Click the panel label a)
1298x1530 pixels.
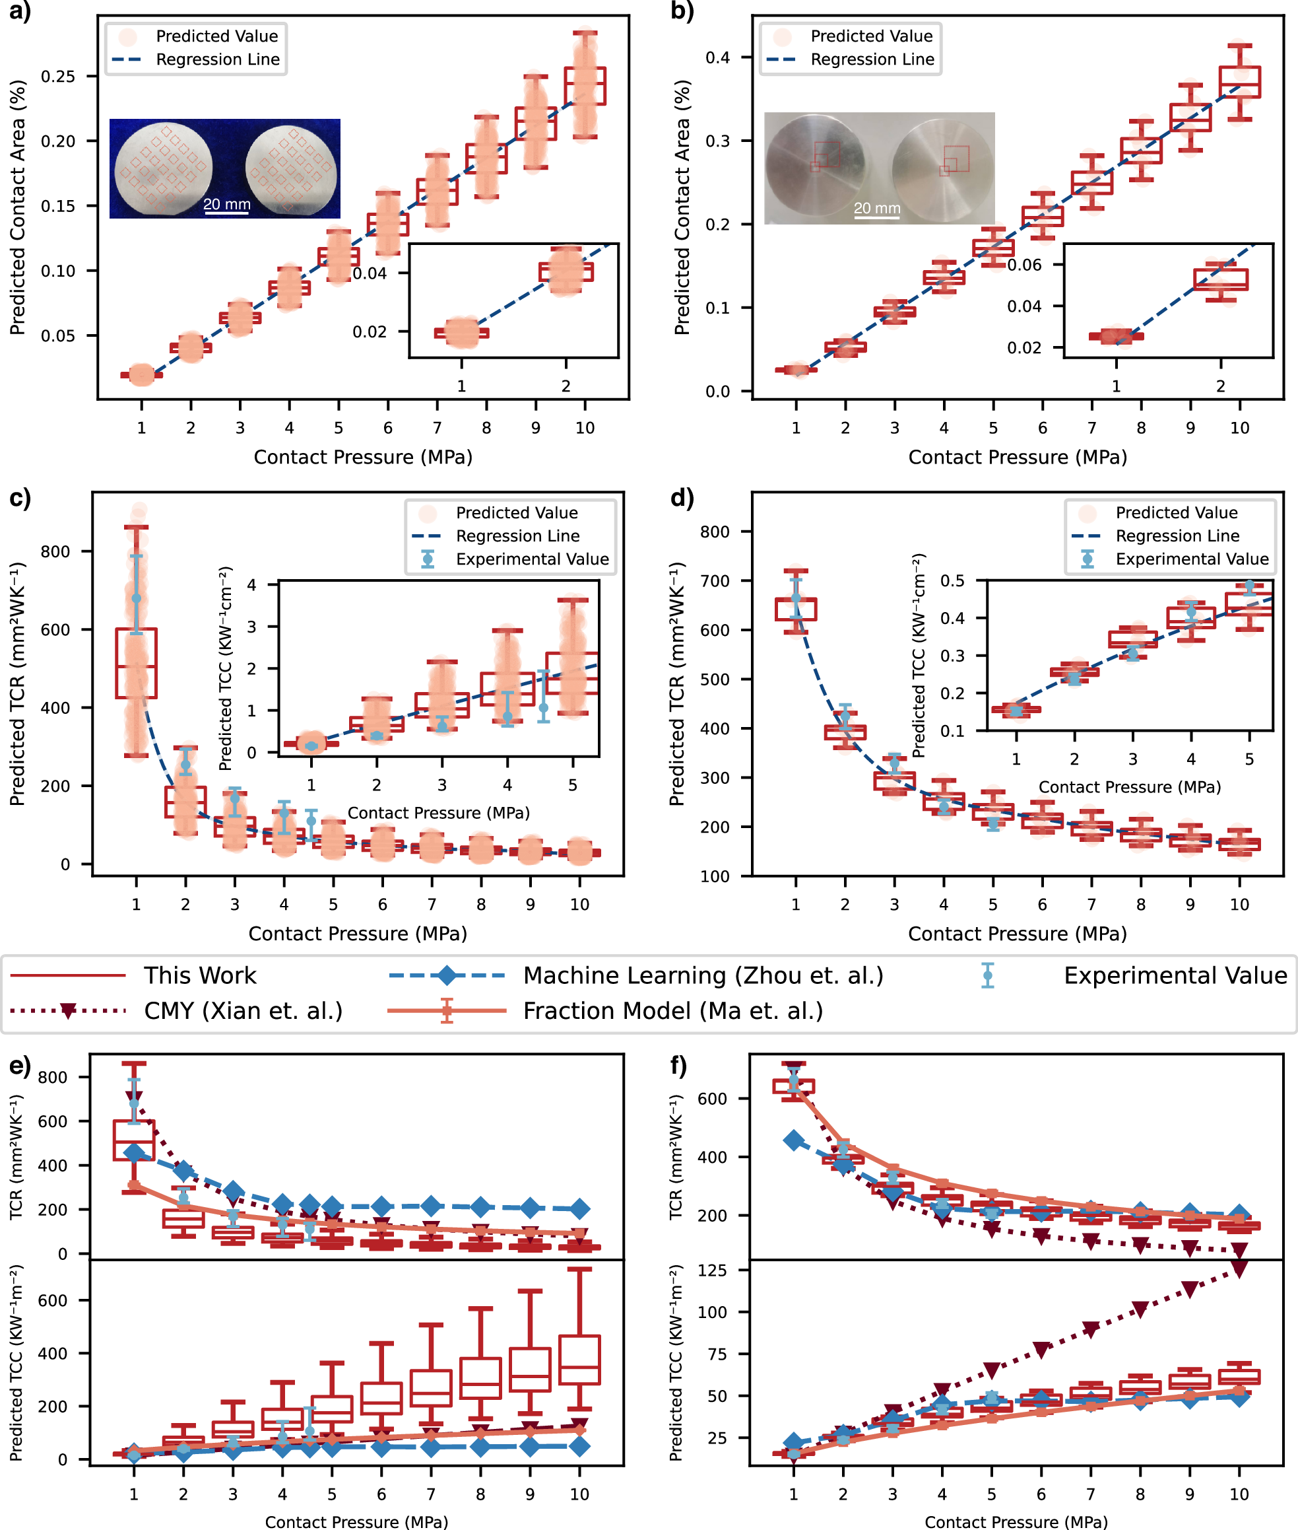pyautogui.click(x=20, y=12)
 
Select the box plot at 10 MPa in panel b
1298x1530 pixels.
pyautogui.click(x=1239, y=83)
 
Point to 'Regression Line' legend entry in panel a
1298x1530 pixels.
pyautogui.click(x=217, y=59)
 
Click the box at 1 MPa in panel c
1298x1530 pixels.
pyautogui.click(x=136, y=663)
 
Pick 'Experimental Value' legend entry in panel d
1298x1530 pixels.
pyautogui.click(x=1191, y=559)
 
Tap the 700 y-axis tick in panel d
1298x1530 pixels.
pyautogui.click(x=715, y=581)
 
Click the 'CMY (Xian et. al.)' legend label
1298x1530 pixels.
pyautogui.click(x=243, y=1011)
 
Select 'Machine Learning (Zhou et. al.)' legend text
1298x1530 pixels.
pyautogui.click(x=703, y=975)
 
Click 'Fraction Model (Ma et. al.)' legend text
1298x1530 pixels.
pyautogui.click(x=672, y=1011)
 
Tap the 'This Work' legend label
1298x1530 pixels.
pyautogui.click(x=199, y=975)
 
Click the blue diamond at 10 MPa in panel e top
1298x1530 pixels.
pyautogui.click(x=579, y=1209)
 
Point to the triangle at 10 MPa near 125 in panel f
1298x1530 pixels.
pyautogui.click(x=1239, y=1269)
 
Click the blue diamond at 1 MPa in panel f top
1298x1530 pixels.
pyautogui.click(x=793, y=1140)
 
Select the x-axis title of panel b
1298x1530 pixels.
pyautogui.click(x=1017, y=457)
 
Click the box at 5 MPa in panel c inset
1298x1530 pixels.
pyautogui.click(x=571, y=673)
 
